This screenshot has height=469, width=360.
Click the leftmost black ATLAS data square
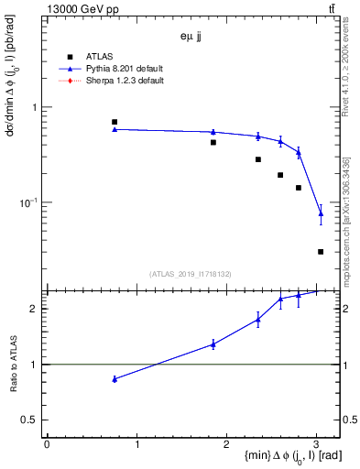[115, 122]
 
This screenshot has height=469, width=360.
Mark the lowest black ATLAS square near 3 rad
[321, 251]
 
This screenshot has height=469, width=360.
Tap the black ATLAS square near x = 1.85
[213, 142]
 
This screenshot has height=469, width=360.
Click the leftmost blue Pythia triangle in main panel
[115, 129]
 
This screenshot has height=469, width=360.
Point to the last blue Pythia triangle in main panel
[321, 213]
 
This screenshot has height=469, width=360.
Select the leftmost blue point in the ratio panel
[115, 378]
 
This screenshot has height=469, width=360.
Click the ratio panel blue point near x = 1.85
[213, 344]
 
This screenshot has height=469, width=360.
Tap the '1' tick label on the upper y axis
[35, 107]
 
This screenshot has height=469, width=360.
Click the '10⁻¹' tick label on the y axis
[30, 202]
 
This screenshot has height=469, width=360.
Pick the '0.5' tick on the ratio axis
[31, 420]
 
